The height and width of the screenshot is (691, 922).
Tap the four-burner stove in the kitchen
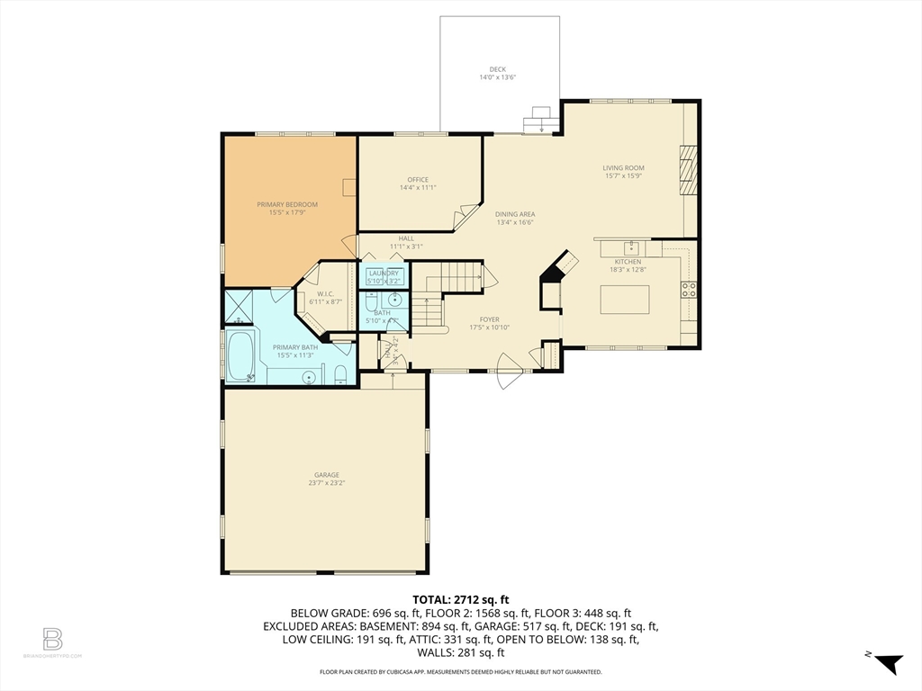(x=690, y=290)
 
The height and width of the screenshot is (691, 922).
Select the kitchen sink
(x=632, y=247)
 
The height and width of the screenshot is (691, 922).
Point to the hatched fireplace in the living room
(x=688, y=170)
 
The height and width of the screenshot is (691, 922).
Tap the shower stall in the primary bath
(x=238, y=306)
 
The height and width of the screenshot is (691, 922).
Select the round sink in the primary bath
(x=308, y=377)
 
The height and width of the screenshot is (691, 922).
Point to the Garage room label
(x=327, y=478)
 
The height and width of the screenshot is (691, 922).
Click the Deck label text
(x=497, y=73)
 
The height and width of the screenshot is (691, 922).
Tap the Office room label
(x=418, y=184)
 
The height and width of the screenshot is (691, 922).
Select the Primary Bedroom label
(x=287, y=208)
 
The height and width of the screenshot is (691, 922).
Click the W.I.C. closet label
(x=325, y=297)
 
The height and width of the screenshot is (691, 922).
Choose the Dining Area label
(x=515, y=217)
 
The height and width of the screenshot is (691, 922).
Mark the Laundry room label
(x=384, y=276)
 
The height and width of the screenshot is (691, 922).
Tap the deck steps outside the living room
(x=541, y=120)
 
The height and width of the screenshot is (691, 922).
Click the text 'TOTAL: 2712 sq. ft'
(x=461, y=599)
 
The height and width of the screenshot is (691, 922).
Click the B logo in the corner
(x=52, y=640)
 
